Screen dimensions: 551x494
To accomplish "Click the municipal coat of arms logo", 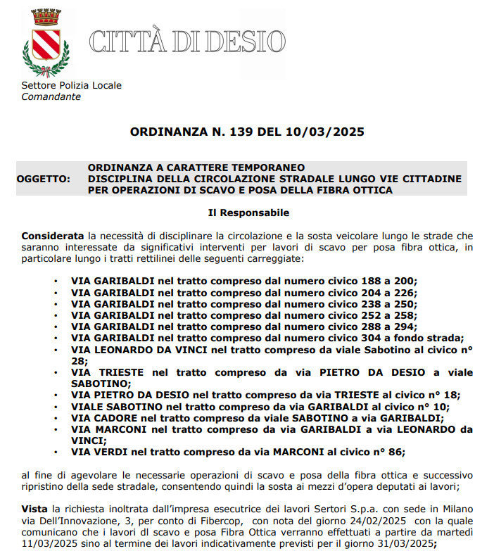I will (46, 42).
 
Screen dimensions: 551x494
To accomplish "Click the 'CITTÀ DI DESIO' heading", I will (186, 42).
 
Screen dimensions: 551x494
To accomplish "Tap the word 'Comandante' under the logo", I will (51, 96).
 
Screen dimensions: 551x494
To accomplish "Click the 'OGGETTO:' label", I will (44, 179).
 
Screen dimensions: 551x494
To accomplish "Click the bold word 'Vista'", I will (34, 509).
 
